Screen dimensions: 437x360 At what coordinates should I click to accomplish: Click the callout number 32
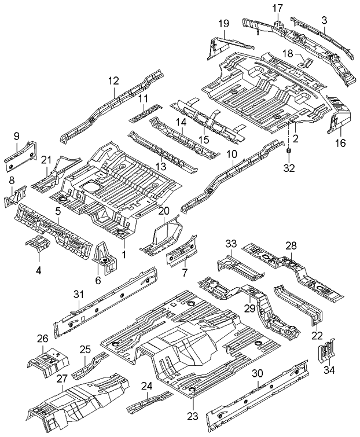(288, 169)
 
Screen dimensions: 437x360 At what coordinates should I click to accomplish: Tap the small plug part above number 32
(288, 152)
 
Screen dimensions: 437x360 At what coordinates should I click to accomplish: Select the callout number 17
(277, 8)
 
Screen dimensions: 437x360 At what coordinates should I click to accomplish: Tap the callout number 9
(16, 137)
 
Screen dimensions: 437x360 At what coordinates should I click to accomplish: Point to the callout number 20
(164, 211)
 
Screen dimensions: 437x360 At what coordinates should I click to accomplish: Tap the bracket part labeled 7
(182, 253)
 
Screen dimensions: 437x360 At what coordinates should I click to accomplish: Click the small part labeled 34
(325, 350)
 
